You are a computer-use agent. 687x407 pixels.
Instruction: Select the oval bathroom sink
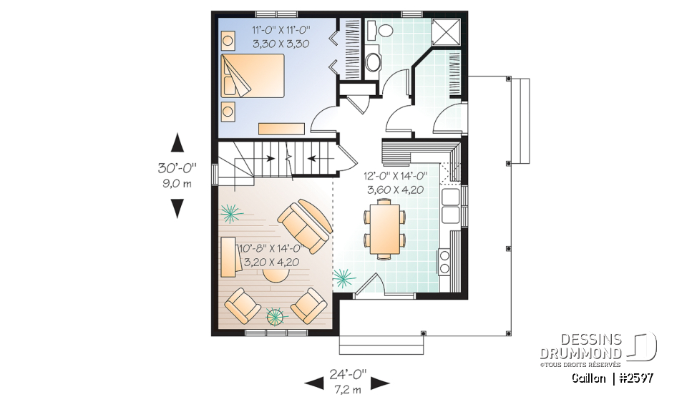(x=374, y=62)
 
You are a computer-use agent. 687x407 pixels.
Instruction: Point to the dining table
(x=385, y=228)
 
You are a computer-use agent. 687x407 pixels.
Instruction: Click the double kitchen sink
(x=452, y=205)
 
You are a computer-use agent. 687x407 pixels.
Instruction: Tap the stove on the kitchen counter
(x=444, y=261)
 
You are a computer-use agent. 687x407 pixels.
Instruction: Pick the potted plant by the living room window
(x=275, y=315)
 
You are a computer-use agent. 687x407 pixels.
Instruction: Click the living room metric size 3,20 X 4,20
(x=271, y=262)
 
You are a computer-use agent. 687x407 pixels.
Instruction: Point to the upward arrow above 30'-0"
(x=177, y=142)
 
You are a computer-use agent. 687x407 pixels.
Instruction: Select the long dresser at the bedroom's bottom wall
(x=281, y=128)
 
